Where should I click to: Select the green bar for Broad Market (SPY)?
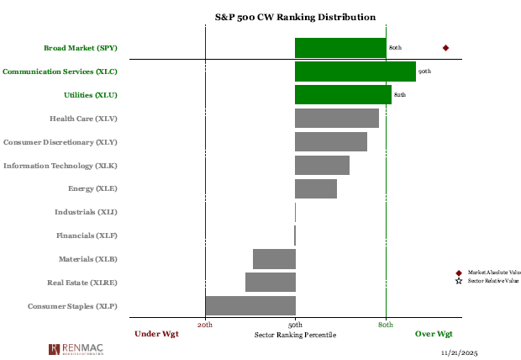point(340,48)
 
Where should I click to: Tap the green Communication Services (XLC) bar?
point(355,71)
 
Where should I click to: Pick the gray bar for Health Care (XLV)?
point(337,119)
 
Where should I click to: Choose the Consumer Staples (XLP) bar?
point(250,305)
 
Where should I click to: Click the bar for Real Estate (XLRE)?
point(271,282)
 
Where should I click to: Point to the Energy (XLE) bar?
point(316,188)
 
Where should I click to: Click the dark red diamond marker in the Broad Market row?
point(445,48)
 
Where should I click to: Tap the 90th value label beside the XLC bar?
point(424,71)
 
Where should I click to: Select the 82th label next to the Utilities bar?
point(400,95)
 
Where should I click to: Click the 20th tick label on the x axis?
point(205,324)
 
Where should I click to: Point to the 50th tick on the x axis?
point(295,324)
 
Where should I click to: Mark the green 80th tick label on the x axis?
point(386,324)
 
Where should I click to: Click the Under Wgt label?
point(157,334)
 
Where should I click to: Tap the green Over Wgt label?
point(434,334)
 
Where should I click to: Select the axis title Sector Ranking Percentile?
point(295,335)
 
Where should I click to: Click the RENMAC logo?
point(78,348)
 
